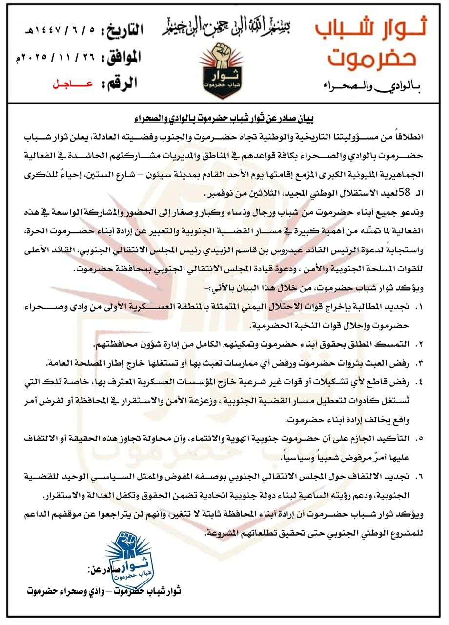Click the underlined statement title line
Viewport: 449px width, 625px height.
click(224, 118)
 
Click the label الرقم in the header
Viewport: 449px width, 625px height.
click(122, 83)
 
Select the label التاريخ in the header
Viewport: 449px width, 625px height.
click(122, 31)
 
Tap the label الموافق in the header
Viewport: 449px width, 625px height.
click(120, 58)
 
